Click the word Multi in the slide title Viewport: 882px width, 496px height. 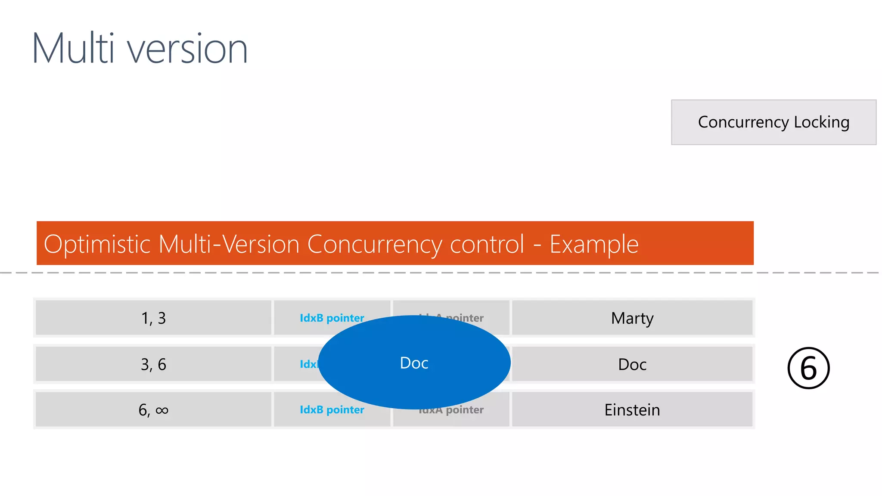(73, 48)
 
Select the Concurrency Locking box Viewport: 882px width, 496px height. (773, 122)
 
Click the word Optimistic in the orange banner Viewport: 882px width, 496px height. (96, 244)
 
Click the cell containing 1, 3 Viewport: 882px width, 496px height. (153, 318)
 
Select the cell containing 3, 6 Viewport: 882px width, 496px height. (153, 364)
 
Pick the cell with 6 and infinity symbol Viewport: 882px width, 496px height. (153, 409)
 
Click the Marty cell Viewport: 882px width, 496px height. (632, 318)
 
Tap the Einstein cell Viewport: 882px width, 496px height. (632, 409)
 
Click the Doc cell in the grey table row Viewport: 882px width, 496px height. (632, 364)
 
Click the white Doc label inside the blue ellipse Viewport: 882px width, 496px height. (414, 363)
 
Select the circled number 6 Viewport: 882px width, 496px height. (808, 368)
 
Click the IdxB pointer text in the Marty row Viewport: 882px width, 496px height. (332, 318)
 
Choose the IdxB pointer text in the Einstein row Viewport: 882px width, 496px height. (332, 409)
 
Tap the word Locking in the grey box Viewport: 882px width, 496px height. (821, 122)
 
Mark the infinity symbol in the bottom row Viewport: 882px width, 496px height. (162, 410)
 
